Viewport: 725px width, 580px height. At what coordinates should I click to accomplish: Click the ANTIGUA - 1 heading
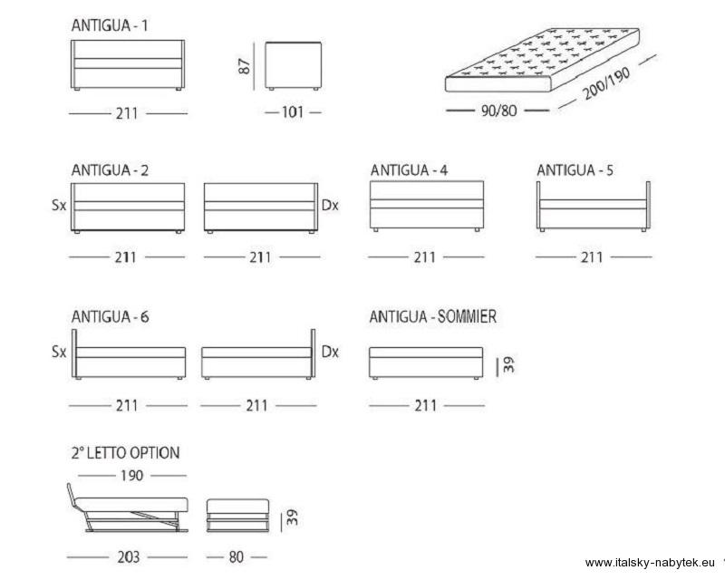coord(110,25)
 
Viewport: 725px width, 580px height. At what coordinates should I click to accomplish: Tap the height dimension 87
coord(244,66)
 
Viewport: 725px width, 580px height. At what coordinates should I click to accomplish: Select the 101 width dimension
coord(293,112)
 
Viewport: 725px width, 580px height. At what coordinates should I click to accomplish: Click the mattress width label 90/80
coord(498,111)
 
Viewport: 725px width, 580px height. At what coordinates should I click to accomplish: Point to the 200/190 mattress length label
coord(605,83)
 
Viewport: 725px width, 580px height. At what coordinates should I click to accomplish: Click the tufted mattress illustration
coord(542,60)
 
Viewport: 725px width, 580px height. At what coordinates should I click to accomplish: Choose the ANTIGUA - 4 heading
coord(409,170)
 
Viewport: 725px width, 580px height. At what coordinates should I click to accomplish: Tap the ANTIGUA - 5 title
coord(575,170)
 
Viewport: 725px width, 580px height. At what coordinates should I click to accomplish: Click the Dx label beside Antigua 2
coord(330,205)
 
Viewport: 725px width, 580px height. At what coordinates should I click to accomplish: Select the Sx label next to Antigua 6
coord(59,352)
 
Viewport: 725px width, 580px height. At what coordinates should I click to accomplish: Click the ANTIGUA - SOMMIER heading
coord(433,317)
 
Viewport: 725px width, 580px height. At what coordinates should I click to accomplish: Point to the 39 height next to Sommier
coord(508,364)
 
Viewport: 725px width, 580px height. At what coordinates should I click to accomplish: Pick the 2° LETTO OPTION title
coord(125,452)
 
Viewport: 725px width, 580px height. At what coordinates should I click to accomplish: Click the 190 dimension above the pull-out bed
coord(131,476)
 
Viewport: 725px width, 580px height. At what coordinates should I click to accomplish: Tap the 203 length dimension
coord(128,556)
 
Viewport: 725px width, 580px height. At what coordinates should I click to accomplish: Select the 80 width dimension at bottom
coord(236,556)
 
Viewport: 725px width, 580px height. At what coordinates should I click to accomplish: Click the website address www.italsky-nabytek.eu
coord(650,563)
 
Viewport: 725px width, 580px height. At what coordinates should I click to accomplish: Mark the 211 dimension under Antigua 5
coord(592,257)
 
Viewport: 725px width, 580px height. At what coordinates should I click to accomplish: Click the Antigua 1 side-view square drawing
coord(293,65)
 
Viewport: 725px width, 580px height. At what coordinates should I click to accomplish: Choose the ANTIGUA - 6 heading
coord(110,317)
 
